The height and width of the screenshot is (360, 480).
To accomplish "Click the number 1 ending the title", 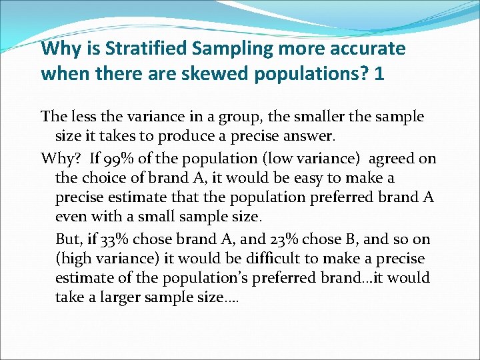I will point(379,73).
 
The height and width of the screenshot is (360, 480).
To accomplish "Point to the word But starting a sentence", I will point(68,239).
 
